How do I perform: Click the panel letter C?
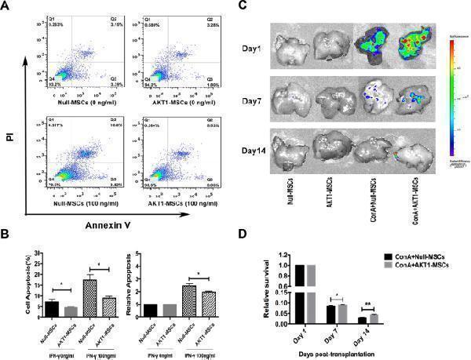point(243,6)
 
